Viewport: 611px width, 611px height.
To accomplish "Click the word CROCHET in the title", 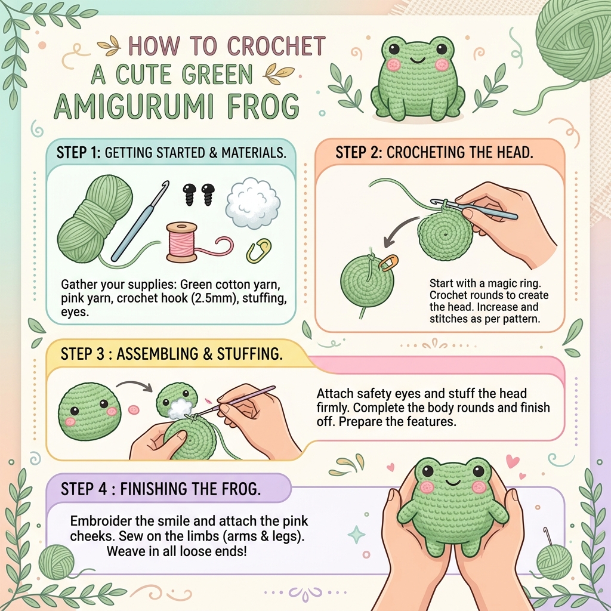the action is click(x=276, y=46).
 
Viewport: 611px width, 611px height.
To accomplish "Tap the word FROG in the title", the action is click(x=263, y=106).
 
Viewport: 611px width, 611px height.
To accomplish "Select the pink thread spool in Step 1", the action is click(x=182, y=242).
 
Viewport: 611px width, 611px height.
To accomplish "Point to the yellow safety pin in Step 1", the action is click(x=259, y=251).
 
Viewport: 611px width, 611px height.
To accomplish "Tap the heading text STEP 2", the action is click(x=359, y=152).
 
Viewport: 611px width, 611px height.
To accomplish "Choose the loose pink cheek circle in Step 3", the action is click(x=134, y=409).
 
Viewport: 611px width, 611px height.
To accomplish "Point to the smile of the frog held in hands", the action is click(x=452, y=483).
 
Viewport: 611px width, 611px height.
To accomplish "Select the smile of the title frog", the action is click(x=417, y=60).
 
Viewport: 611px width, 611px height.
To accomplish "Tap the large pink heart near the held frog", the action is click(x=513, y=461).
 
